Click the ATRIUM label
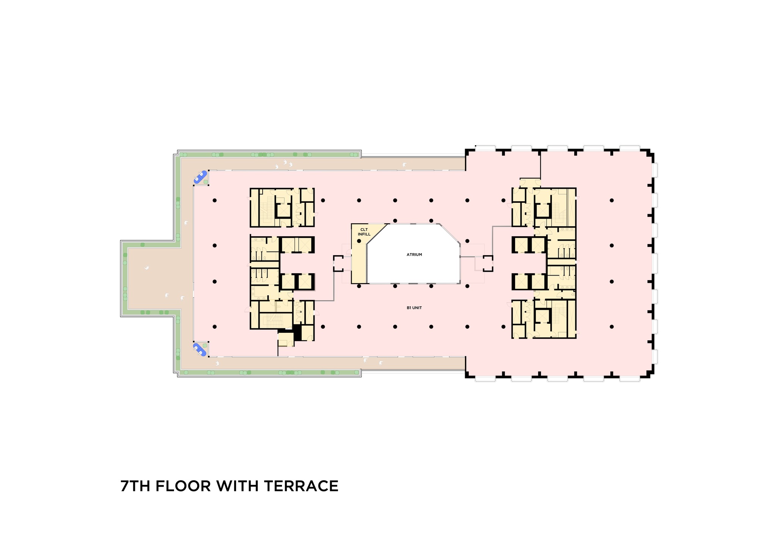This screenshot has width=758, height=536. tap(414, 255)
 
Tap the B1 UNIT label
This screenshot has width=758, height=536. tap(414, 308)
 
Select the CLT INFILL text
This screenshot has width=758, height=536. tap(364, 232)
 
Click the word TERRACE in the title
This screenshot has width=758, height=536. tap(301, 486)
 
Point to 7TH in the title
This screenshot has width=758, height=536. tap(135, 486)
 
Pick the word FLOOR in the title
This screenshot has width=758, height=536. tap(183, 486)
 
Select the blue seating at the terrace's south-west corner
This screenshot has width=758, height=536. tap(200, 349)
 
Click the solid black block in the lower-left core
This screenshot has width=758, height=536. tap(298, 332)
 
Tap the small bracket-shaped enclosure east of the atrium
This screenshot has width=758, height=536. tap(488, 263)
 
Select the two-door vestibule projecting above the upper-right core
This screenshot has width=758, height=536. tap(530, 183)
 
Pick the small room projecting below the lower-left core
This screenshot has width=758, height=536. tap(286, 340)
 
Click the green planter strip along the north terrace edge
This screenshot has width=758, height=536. tap(269, 155)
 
